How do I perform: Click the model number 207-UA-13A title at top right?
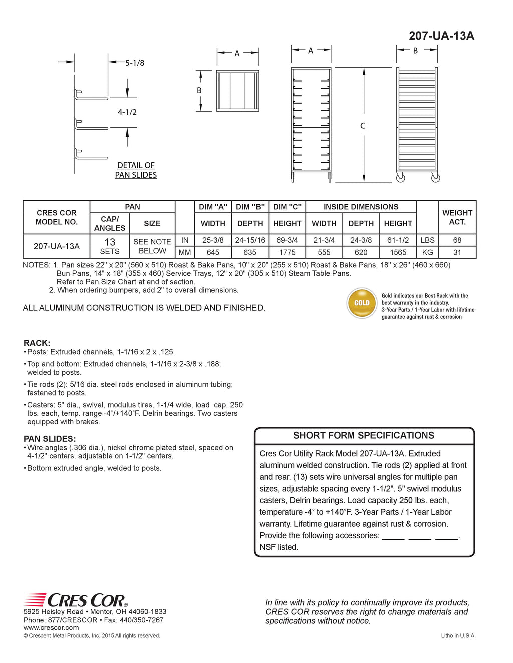click(441, 36)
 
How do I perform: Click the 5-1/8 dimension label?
click(135, 63)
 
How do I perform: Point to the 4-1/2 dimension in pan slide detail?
click(127, 112)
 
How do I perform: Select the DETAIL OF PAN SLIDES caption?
click(136, 170)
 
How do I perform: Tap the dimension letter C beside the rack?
click(363, 126)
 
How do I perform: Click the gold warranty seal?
click(362, 303)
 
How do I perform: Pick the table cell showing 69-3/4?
click(287, 240)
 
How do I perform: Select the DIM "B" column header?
click(250, 207)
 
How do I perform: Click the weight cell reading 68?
click(457, 240)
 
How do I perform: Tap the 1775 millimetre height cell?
click(287, 253)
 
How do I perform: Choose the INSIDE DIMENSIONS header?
click(361, 207)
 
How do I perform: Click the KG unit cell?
click(428, 253)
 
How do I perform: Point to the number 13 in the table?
click(110, 242)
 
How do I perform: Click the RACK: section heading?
click(37, 343)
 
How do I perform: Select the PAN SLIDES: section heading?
click(50, 439)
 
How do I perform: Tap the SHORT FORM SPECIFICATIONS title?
click(364, 436)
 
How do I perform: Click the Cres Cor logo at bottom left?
click(76, 600)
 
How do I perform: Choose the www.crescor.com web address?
click(51, 628)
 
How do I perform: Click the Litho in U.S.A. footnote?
click(458, 636)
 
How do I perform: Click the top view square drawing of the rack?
click(237, 91)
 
